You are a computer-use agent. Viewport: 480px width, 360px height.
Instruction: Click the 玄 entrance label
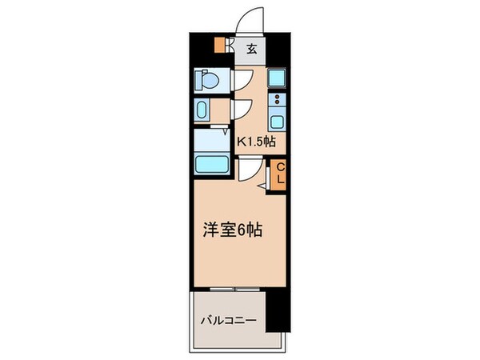pyautogui.click(x=251, y=49)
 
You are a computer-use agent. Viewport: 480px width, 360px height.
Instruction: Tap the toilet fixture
pyautogui.click(x=207, y=81)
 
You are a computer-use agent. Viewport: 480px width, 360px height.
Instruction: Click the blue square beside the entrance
pyautogui.click(x=277, y=78)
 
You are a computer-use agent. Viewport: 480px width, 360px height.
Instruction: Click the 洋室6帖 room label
pyautogui.click(x=231, y=228)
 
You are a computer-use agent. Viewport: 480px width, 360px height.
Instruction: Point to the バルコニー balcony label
pyautogui.click(x=229, y=321)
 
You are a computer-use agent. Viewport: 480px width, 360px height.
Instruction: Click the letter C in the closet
pyautogui.click(x=281, y=168)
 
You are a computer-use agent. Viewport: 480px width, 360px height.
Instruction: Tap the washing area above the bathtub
pyautogui.click(x=212, y=140)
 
